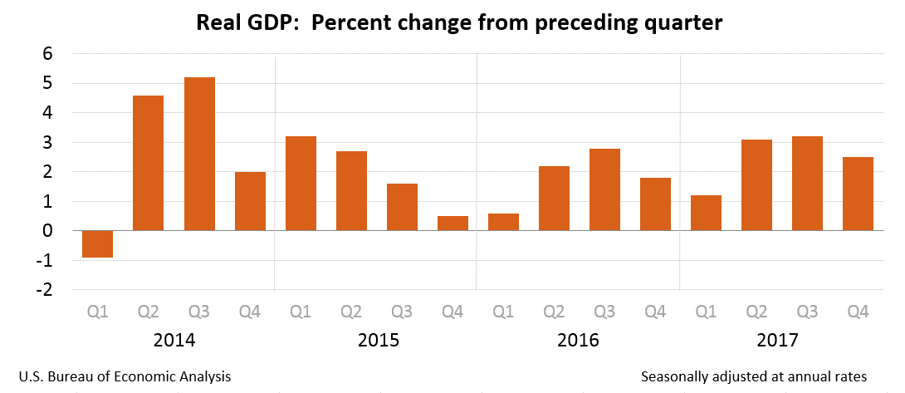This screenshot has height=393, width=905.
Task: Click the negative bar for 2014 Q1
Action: tap(97, 244)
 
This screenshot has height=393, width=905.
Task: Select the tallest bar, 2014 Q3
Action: tap(199, 154)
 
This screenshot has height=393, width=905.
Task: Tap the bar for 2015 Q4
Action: tap(453, 224)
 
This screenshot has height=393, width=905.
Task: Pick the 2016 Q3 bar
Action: tap(605, 189)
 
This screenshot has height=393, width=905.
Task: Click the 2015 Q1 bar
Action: tap(301, 184)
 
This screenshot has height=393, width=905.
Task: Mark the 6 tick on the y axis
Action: tap(47, 53)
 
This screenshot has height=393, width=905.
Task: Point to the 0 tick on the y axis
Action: tap(47, 231)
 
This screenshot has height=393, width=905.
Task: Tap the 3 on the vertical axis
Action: tap(47, 142)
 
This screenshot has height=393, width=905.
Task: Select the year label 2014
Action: tap(174, 341)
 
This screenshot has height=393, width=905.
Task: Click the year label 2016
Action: tap(580, 341)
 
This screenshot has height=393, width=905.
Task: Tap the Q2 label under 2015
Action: tap(351, 312)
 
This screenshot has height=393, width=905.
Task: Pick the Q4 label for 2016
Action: tap(656, 312)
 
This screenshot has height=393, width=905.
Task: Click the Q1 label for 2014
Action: tap(97, 312)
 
